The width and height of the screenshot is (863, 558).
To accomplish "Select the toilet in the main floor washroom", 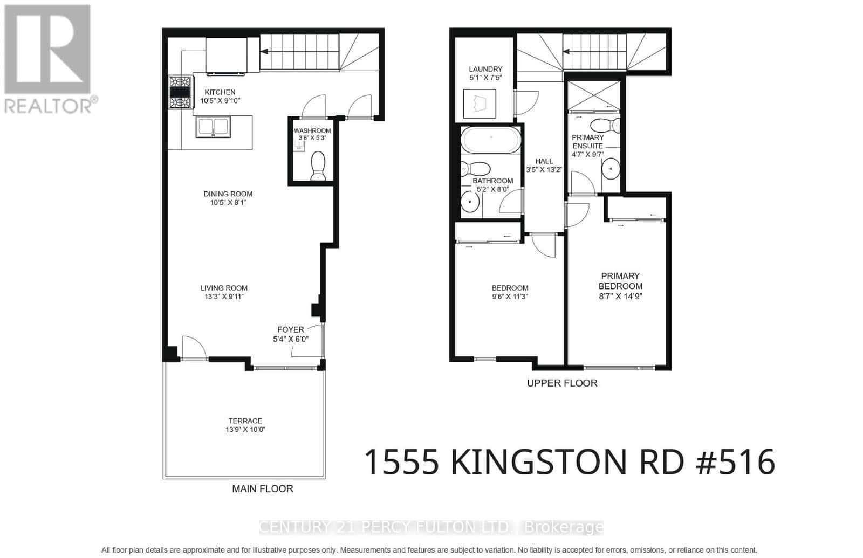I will (318, 165).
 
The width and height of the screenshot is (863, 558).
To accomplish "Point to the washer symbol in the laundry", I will (480, 103).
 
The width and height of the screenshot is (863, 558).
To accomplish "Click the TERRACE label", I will (245, 421).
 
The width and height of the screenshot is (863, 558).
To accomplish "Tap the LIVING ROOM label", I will (224, 288).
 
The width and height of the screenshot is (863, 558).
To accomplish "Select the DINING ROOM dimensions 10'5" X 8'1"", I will (228, 203).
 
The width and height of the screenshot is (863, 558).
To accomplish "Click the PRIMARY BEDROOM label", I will (620, 281).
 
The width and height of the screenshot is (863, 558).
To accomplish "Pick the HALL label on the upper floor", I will (544, 161).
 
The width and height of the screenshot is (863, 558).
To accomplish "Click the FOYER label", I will (291, 329).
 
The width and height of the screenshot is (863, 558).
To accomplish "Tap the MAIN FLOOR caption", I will (263, 488).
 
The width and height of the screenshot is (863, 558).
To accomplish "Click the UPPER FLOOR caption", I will (562, 383).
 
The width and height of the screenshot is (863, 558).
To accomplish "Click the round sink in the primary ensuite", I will (611, 169).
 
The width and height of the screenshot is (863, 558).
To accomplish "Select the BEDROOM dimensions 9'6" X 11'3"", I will (510, 296).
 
